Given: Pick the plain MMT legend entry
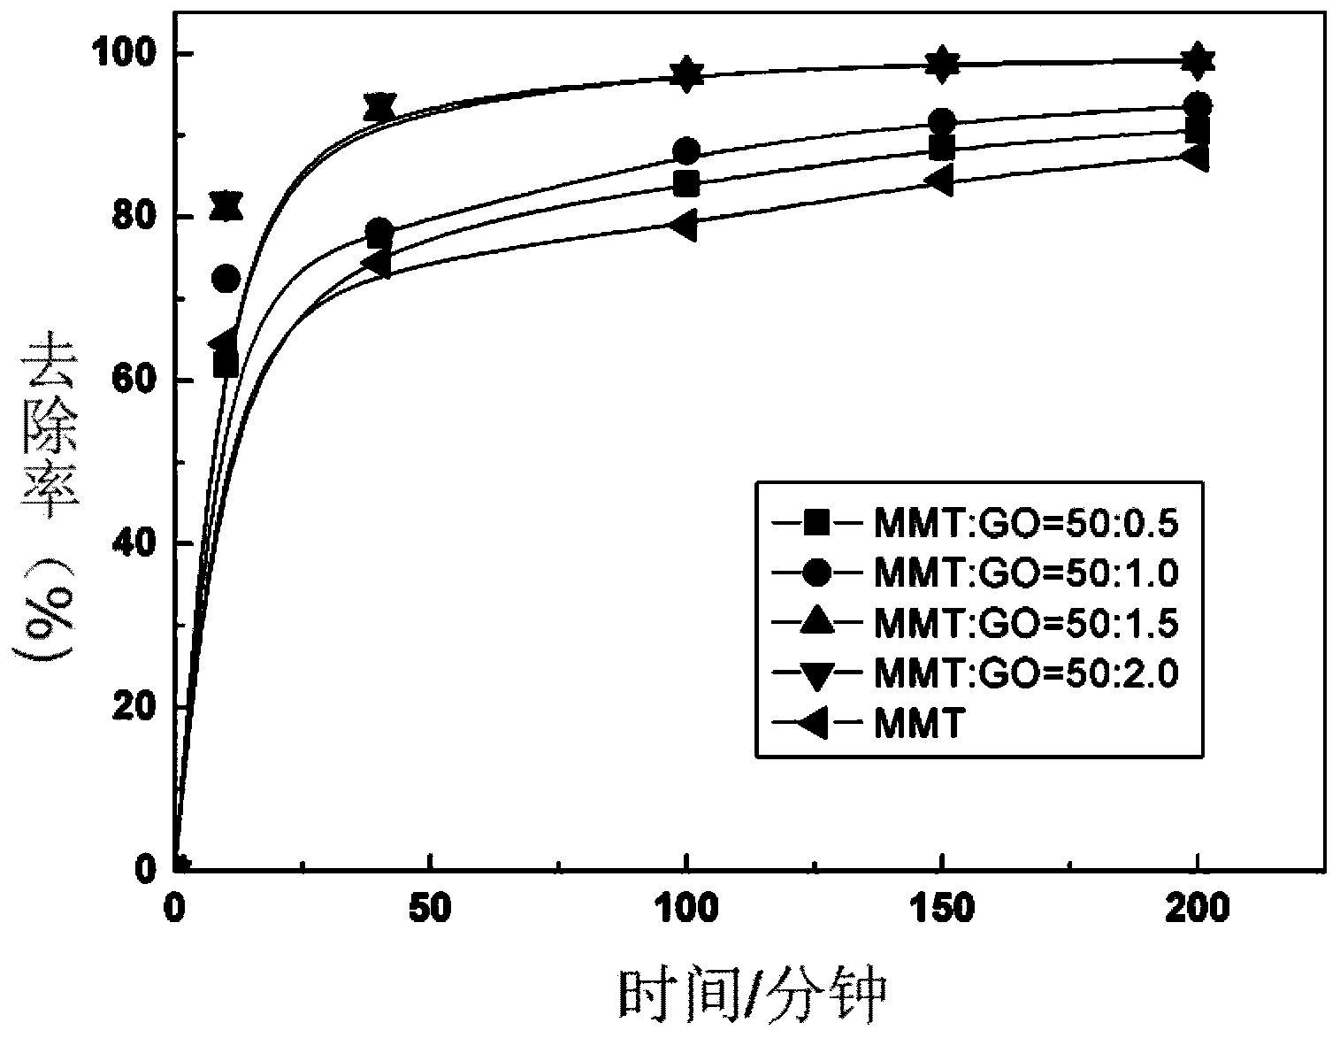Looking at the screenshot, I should click(x=916, y=725).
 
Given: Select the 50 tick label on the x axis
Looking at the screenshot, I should click(x=430, y=908).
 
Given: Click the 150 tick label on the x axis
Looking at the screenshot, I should click(x=942, y=908).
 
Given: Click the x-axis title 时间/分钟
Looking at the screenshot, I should click(x=751, y=995).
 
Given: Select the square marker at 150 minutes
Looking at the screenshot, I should click(x=942, y=147).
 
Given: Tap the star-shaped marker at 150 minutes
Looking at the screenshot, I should click(x=942, y=64).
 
